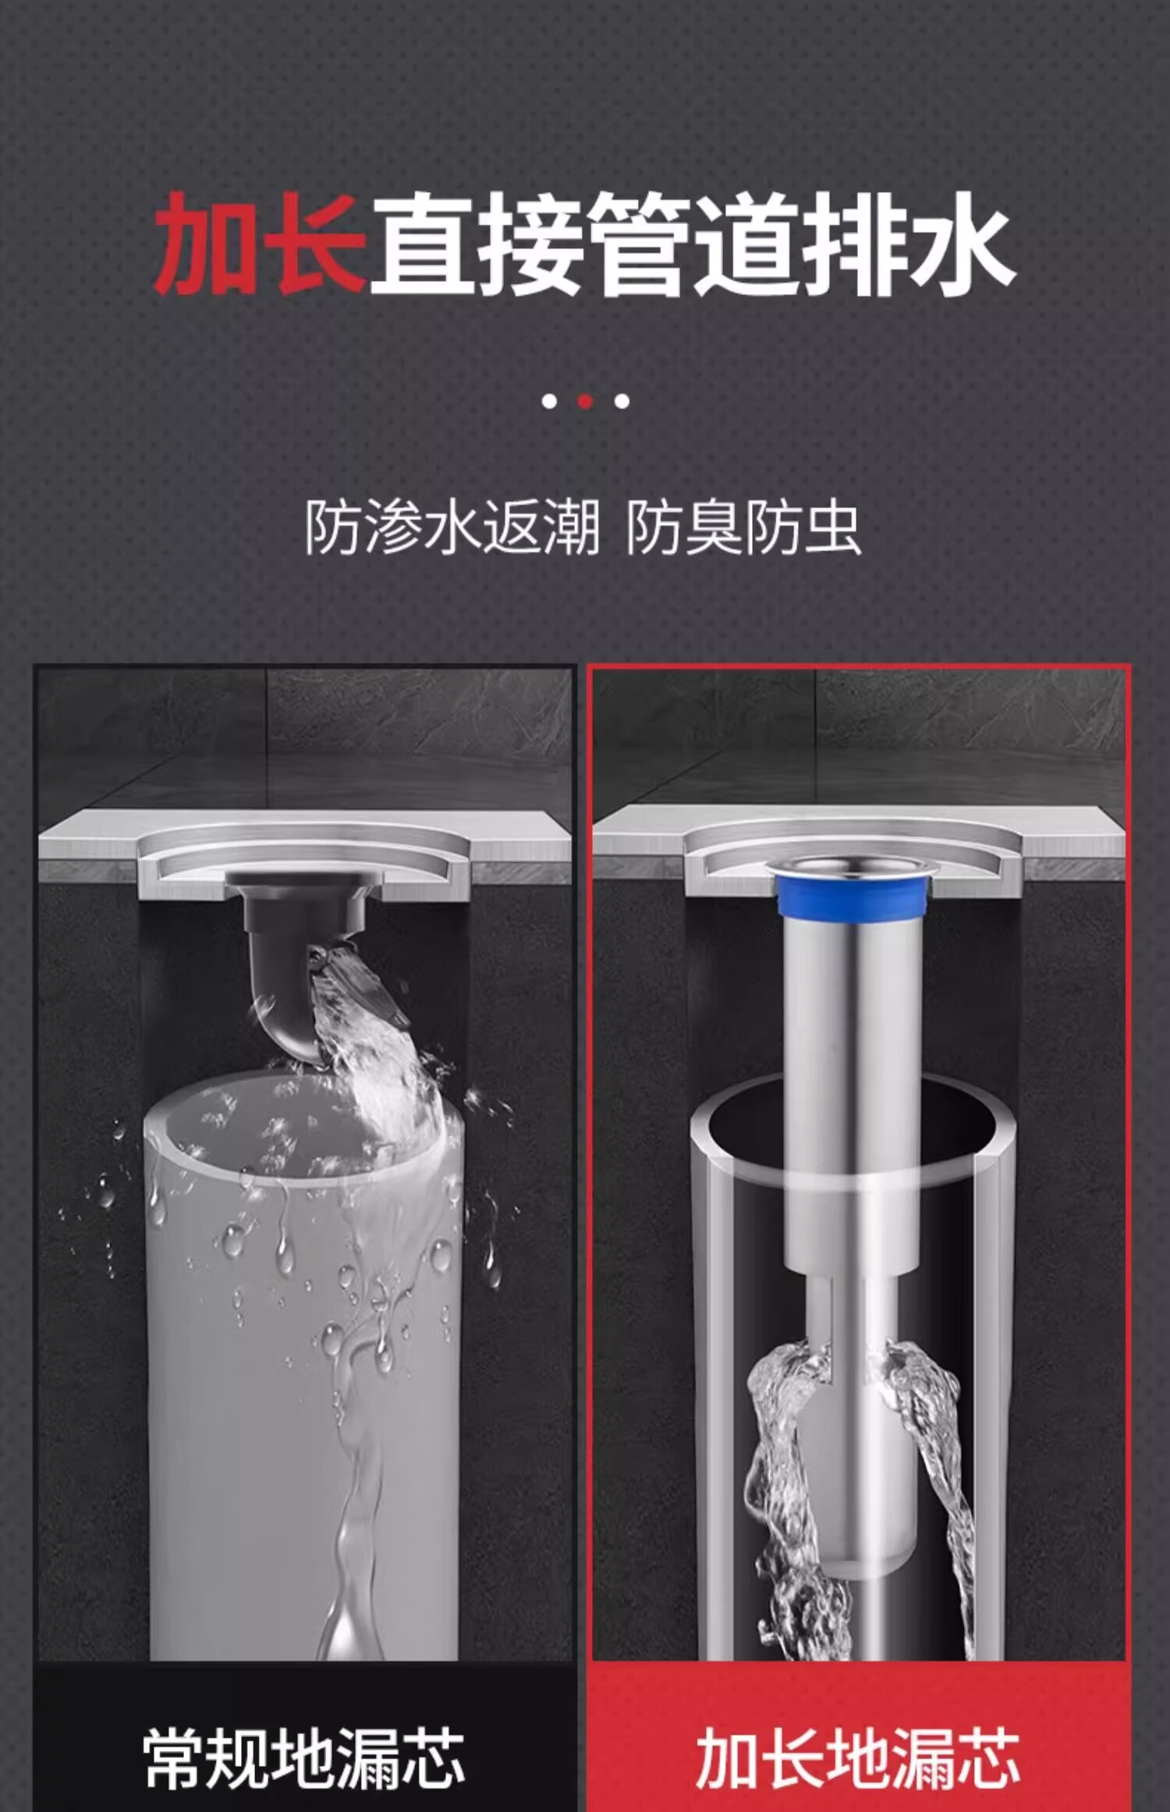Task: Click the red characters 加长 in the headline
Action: [x=260, y=243]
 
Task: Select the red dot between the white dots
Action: [x=585, y=401]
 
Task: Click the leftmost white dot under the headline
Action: [x=549, y=401]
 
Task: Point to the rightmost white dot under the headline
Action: [x=622, y=401]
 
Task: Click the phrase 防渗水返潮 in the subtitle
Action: [x=452, y=528]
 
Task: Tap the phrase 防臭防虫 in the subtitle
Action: [x=743, y=528]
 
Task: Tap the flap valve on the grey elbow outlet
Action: [x=359, y=983]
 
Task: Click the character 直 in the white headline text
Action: [x=425, y=243]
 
